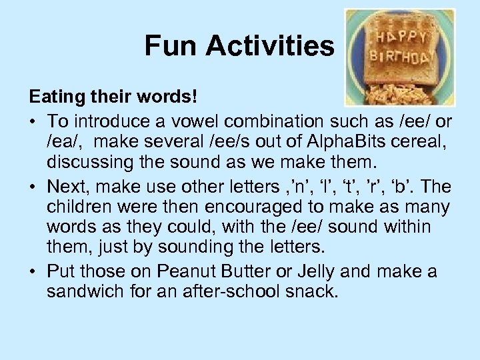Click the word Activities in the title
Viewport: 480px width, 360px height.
pyautogui.click(x=269, y=46)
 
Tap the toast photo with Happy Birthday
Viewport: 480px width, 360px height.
pyautogui.click(x=399, y=57)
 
